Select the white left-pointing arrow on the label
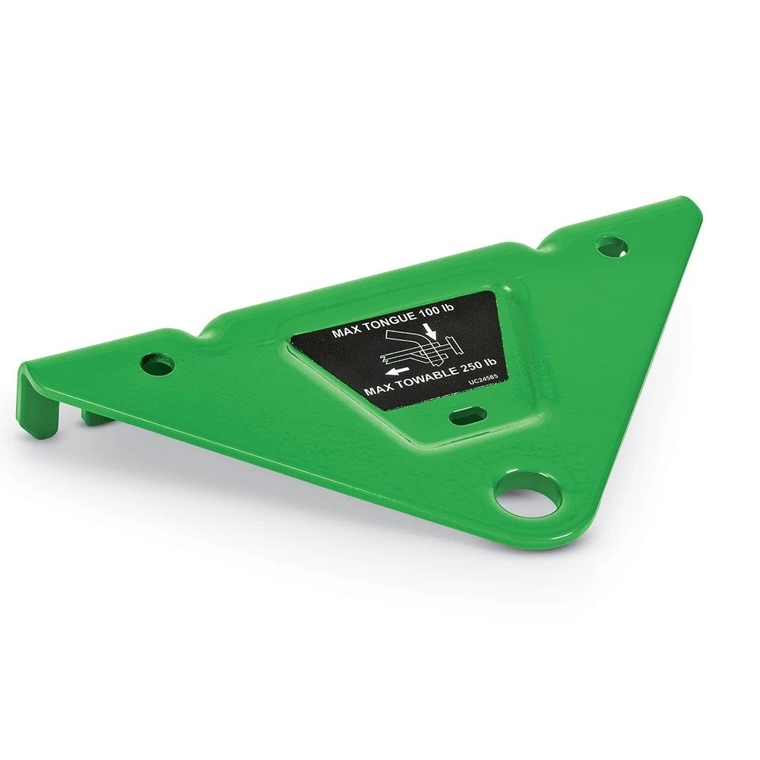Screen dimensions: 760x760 click(396, 371)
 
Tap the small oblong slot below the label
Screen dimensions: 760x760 click(467, 416)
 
